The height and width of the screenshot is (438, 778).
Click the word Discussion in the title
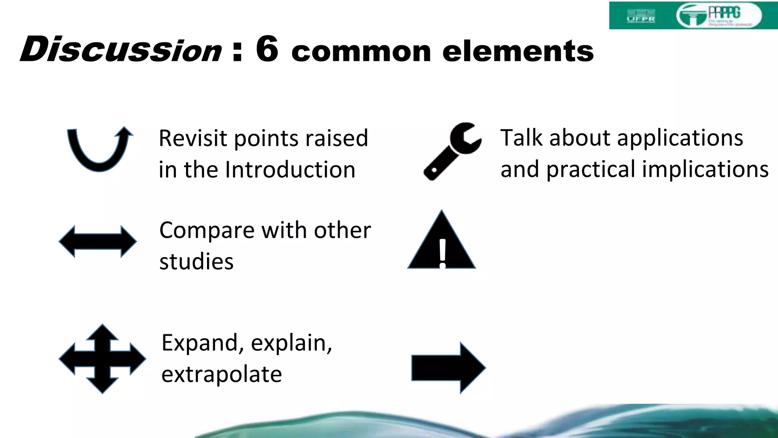pos(121,50)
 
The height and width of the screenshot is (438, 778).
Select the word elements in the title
pos(518,51)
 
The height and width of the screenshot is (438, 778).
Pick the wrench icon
pos(452,151)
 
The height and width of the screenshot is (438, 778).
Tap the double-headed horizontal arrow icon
pos(98,241)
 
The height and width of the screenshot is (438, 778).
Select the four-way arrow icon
pos(102,359)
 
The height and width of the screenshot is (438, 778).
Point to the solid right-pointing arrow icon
pos(448,368)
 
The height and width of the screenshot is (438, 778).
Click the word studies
pos(196,262)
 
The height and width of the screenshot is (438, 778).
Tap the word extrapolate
pos(221,375)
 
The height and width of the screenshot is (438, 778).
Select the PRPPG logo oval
pos(719,15)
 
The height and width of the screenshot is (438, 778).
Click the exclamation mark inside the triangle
pos(443,253)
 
